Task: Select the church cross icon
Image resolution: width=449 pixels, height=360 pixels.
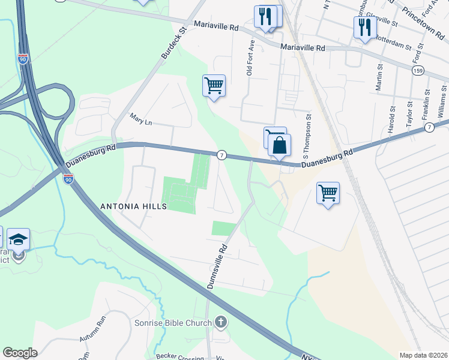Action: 221,323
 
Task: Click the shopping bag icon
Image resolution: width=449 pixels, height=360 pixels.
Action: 280,145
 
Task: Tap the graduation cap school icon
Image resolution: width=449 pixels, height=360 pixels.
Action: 19,239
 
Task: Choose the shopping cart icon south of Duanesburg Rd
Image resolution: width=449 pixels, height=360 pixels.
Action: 328,193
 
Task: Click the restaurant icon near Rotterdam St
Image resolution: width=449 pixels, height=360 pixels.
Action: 364,27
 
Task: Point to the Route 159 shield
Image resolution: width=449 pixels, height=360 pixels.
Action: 418,71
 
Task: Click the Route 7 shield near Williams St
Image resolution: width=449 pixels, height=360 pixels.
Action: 429,127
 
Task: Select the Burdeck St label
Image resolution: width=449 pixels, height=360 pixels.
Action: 175,41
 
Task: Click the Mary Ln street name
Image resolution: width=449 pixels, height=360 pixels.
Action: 141,122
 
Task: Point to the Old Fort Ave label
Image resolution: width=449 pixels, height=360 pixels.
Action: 251,58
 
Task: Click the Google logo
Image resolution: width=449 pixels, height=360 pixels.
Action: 20,353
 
